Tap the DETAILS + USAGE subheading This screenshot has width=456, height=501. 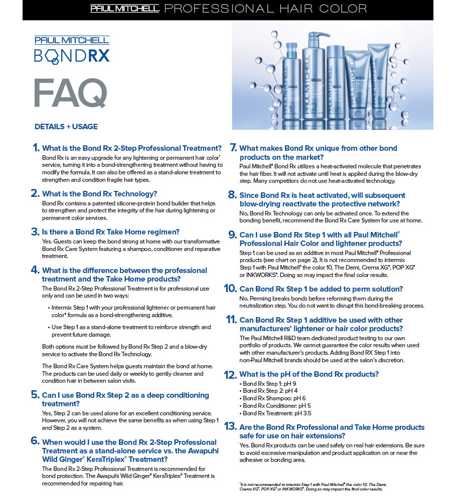click(66, 127)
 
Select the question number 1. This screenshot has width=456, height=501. click(35, 148)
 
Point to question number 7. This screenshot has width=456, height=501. click(233, 148)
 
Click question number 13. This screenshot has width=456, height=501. click(230, 427)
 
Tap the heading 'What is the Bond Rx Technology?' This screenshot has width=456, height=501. click(100, 193)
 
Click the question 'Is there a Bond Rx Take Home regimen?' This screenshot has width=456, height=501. click(111, 232)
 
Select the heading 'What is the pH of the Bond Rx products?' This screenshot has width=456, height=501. click(309, 374)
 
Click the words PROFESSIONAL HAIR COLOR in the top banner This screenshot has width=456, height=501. click(265, 9)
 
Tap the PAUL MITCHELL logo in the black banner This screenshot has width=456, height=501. click(125, 9)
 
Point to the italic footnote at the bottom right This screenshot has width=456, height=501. click(314, 486)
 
